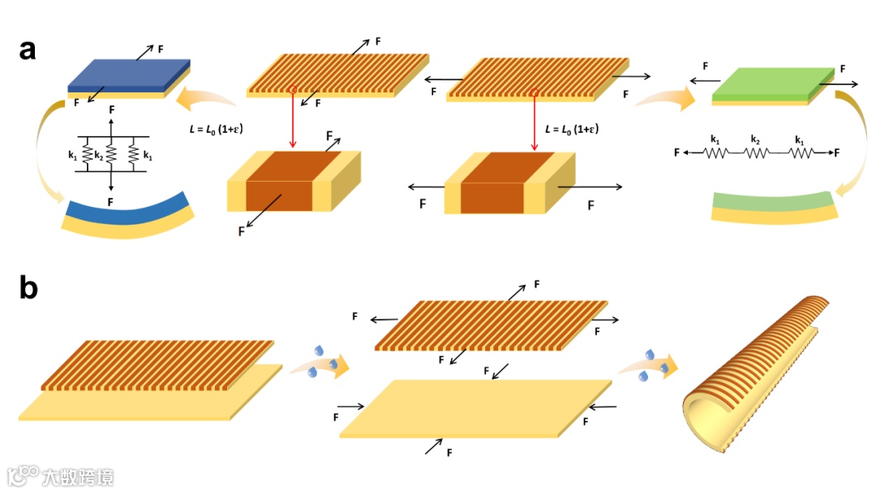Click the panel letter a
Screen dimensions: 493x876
28,49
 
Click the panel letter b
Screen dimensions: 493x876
29,287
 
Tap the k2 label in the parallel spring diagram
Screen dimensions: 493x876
98,153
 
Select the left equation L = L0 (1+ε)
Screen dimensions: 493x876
211,129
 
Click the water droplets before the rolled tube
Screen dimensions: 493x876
654,365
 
